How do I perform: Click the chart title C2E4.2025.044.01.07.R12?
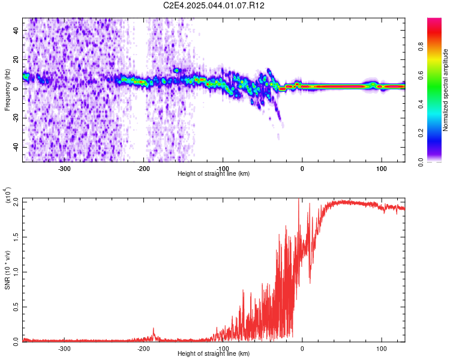(x=214, y=5)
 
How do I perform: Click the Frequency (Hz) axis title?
(x=7, y=90)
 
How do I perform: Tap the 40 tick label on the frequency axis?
(x=16, y=30)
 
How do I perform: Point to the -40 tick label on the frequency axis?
(x=16, y=147)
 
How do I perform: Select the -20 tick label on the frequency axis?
(x=16, y=118)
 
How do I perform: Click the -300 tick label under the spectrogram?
(x=64, y=169)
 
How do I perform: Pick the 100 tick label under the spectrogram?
(x=382, y=169)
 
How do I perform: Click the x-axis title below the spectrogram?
(x=214, y=173)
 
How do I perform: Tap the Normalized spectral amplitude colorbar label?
(x=445, y=90)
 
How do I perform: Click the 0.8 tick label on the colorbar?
(x=421, y=47)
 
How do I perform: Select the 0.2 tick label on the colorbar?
(x=421, y=133)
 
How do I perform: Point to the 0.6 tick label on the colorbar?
(x=421, y=76)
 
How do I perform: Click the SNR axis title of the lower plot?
(x=7, y=270)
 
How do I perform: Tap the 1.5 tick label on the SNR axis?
(x=16, y=237)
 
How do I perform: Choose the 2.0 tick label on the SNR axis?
(x=16, y=202)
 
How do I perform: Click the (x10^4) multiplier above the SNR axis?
(x=8, y=195)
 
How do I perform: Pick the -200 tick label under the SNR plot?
(x=143, y=349)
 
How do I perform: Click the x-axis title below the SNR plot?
(x=214, y=353)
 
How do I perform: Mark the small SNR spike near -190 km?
(x=153, y=334)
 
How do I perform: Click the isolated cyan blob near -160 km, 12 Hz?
(x=176, y=70)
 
